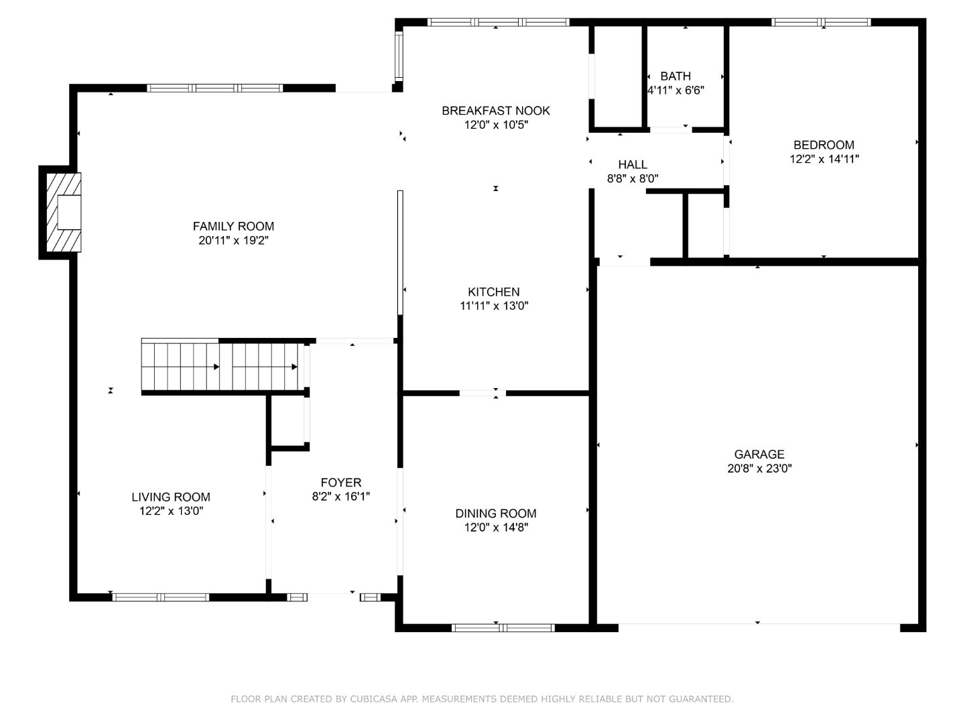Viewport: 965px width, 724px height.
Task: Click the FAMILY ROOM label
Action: point(233,227)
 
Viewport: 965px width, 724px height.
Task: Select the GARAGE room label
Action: point(759,455)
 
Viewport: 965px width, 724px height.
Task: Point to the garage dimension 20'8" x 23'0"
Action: point(759,469)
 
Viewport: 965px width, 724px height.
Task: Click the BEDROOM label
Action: point(824,145)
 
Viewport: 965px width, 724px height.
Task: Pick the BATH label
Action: point(675,76)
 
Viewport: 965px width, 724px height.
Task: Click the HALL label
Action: point(633,165)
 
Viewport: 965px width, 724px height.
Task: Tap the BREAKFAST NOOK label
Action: point(495,111)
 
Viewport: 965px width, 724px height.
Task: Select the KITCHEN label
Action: point(493,292)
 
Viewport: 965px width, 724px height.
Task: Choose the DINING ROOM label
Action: point(495,514)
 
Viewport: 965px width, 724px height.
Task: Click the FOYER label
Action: point(340,483)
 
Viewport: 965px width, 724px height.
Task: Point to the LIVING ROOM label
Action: point(170,497)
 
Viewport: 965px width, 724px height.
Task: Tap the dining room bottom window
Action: point(503,628)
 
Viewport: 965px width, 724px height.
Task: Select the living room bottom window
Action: point(161,597)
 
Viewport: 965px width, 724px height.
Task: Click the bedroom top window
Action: point(821,22)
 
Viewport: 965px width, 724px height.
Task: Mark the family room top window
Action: point(214,88)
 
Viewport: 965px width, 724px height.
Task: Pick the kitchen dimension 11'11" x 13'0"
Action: point(494,306)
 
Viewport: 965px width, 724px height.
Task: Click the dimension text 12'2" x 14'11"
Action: point(824,160)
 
